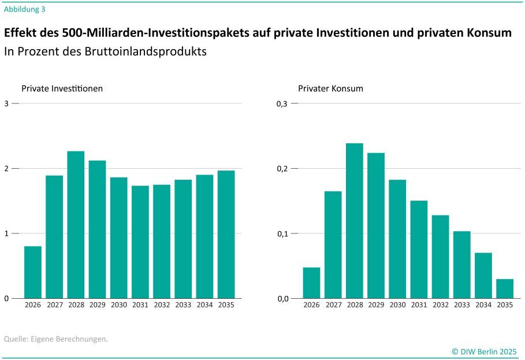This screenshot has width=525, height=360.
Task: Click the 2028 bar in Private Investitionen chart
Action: point(76,225)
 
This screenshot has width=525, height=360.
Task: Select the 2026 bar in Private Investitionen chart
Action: point(33,272)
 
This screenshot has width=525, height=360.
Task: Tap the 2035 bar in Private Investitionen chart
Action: point(226,234)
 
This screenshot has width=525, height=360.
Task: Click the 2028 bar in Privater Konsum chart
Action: point(355,221)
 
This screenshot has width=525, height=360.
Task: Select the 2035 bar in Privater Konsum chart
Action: point(505,288)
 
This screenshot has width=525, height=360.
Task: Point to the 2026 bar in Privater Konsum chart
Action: point(311,283)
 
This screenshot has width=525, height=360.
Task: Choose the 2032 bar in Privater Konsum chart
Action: point(440,257)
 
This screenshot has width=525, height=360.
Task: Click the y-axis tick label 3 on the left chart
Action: point(6,103)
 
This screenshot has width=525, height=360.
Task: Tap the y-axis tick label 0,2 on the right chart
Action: point(281,169)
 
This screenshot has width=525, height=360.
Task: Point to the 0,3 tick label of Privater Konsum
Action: point(281,103)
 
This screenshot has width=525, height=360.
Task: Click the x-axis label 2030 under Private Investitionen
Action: point(119,305)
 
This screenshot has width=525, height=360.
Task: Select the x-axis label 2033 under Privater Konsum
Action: point(461,305)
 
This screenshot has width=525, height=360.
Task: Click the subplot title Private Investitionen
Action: point(62,88)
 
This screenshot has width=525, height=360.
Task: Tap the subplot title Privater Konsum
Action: point(330,88)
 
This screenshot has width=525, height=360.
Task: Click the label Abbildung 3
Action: point(25,9)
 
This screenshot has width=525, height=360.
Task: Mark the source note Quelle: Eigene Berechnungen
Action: point(56,339)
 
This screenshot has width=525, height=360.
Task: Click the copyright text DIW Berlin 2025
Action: point(488,351)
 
